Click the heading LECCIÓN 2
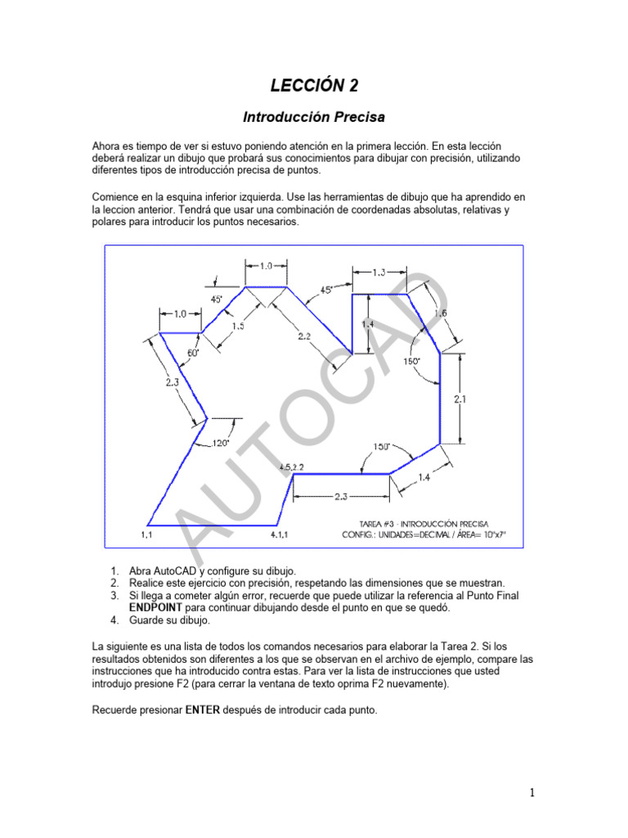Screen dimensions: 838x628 click(314, 85)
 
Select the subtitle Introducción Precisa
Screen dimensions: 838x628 click(314, 117)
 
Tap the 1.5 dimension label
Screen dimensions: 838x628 click(238, 326)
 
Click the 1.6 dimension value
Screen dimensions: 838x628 click(440, 313)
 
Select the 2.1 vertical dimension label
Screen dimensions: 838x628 click(460, 399)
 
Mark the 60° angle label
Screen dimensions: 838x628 click(194, 353)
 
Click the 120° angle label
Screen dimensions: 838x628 click(219, 444)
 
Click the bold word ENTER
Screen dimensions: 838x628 click(203, 710)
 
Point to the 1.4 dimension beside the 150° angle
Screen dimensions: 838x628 click(424, 477)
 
